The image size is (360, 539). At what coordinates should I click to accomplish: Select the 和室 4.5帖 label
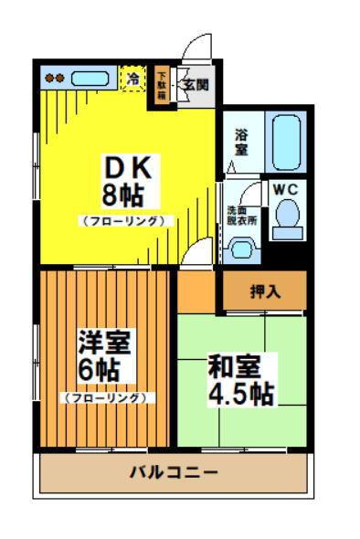click(x=240, y=379)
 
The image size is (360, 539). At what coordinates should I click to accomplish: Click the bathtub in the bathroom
click(x=288, y=141)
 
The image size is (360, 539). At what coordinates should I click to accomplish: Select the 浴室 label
click(x=240, y=140)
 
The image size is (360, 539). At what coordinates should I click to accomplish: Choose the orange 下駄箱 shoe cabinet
click(x=162, y=86)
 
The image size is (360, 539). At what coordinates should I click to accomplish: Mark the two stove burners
click(x=56, y=79)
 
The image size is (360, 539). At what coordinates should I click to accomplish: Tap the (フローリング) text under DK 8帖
click(x=124, y=220)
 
